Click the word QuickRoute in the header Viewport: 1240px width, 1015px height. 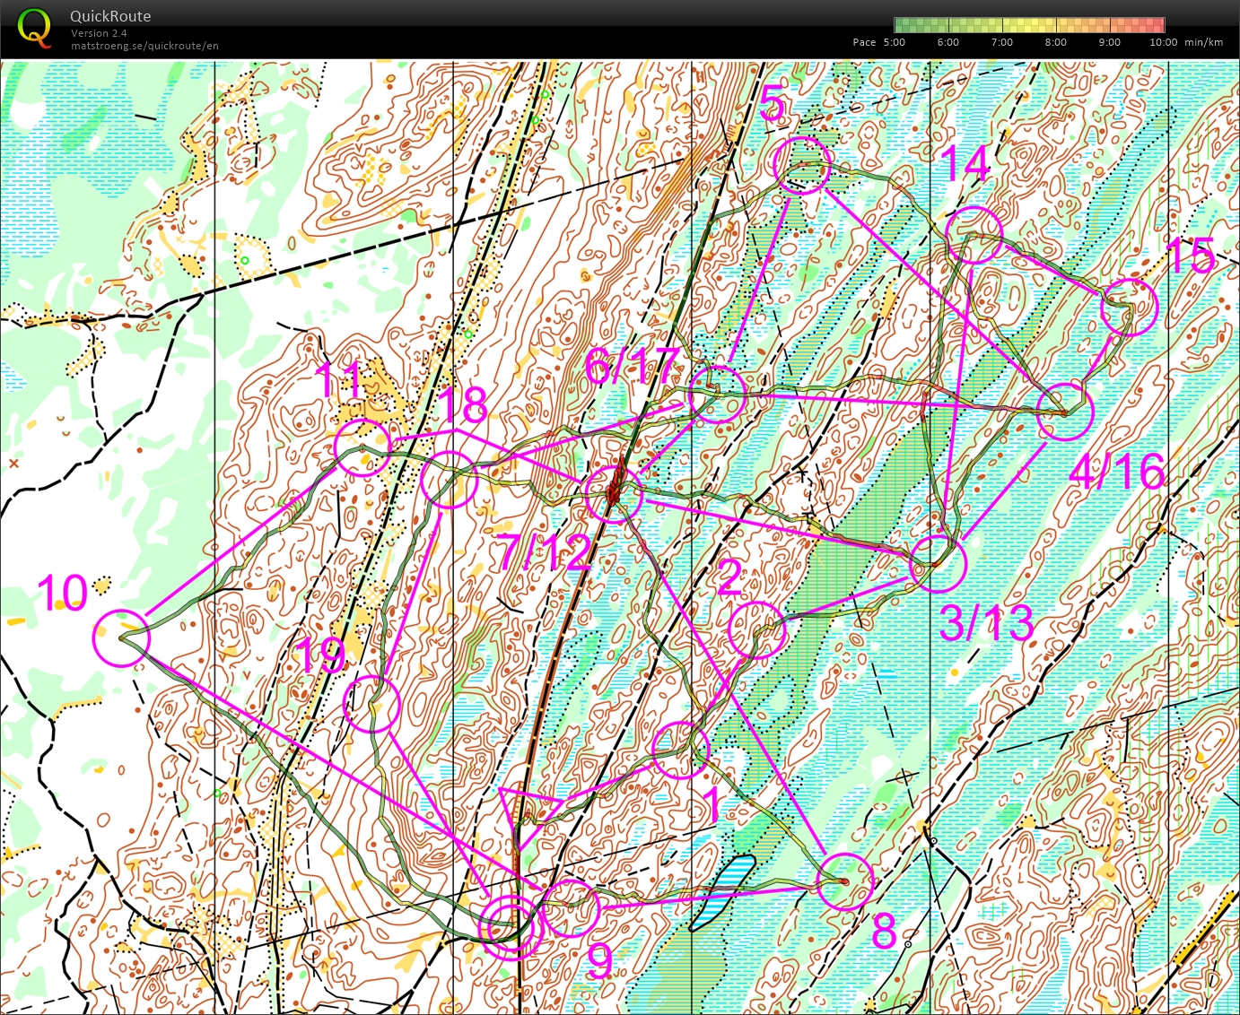coord(110,16)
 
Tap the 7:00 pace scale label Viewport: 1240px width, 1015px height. coord(1001,42)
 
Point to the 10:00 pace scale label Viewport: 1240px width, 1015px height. coord(1163,42)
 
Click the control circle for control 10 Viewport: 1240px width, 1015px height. coord(121,638)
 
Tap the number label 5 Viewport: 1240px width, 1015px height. coord(773,106)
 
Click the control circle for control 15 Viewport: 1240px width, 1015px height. coord(1130,308)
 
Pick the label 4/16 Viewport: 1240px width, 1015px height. coord(1117,471)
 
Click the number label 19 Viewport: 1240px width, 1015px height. coord(320,655)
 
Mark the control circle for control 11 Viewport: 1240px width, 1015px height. coord(363,446)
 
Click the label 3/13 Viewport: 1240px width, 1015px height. coord(986,621)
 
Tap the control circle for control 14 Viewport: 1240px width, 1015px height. coord(974,235)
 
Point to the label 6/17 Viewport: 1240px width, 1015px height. coord(632,366)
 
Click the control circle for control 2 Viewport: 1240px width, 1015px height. coord(757,630)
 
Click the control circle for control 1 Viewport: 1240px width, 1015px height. coord(680,750)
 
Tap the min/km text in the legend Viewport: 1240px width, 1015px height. coord(1203,42)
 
